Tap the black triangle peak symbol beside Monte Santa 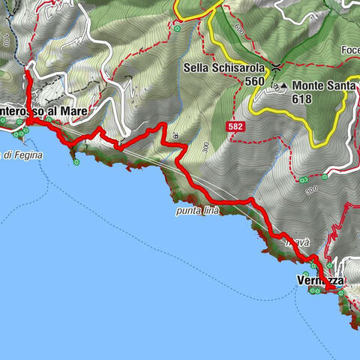tap(285, 86)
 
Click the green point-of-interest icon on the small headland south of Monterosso tap(76, 160)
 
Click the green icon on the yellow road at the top tap(177, 29)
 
